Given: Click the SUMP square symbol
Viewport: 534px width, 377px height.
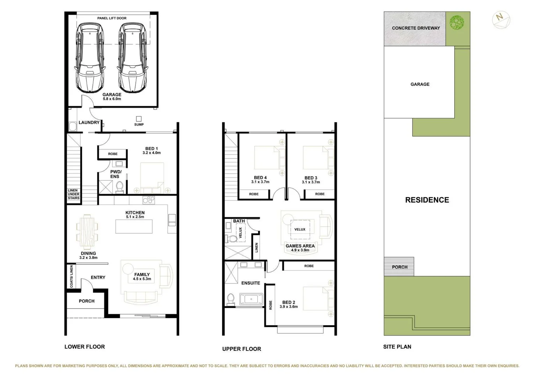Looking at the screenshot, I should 139,119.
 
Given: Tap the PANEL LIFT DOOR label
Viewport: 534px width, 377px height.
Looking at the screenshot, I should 112,18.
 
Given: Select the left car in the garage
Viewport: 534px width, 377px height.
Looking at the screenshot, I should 90,58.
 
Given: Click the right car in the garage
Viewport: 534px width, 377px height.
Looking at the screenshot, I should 132,58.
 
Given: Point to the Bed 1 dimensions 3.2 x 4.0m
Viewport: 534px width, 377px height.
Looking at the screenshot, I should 152,153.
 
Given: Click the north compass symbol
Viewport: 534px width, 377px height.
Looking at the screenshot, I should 501,20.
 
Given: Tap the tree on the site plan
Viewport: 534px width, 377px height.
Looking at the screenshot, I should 457,23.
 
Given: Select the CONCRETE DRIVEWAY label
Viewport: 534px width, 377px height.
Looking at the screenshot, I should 416,28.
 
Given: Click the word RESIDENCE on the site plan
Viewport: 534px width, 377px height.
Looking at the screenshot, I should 427,200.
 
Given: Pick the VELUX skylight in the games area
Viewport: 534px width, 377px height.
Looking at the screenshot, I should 300,229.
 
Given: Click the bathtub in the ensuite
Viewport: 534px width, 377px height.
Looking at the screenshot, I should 251,299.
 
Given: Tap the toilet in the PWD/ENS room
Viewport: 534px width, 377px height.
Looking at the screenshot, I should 119,187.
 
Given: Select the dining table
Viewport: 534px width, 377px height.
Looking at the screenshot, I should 87,231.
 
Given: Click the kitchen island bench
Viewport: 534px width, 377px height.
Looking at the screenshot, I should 134,226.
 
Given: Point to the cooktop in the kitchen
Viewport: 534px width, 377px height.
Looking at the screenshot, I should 148,200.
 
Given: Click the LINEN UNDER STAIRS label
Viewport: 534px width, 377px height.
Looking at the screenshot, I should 73,194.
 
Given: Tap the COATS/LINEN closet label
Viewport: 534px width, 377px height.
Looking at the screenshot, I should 71,276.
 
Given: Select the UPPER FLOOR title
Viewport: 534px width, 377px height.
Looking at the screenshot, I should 241,349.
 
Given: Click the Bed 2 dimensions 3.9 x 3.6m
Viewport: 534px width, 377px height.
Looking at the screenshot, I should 288,307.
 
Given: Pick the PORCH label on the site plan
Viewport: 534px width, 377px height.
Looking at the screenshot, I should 400,267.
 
